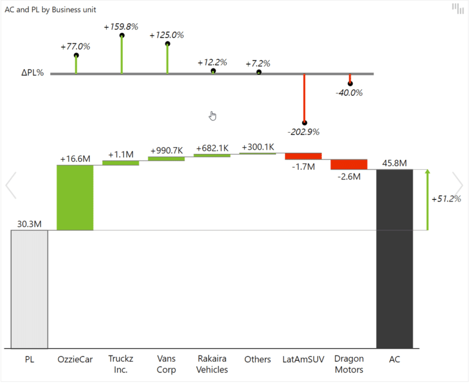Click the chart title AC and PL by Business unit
pos(50,10)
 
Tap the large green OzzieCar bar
pos(75,197)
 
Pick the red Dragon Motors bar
pos(349,164)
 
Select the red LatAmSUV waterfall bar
pos(303,156)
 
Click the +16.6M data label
pos(75,159)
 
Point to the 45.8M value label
pos(394,163)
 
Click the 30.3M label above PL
pos(29,224)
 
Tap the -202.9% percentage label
pos(304,131)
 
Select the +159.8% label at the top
pos(121,27)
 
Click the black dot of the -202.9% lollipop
pos(304,123)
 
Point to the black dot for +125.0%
pos(167,43)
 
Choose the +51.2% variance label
pos(446,199)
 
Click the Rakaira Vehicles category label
pos(212,364)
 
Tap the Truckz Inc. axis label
pos(120,364)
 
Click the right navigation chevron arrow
pos(457,185)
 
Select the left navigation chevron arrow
pos(10,185)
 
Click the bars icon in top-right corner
pos(457,9)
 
